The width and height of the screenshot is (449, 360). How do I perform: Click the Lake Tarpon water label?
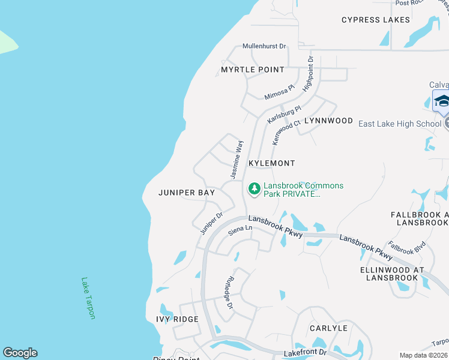[x=88, y=298]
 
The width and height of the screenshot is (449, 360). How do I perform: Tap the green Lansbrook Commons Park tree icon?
[x=255, y=189]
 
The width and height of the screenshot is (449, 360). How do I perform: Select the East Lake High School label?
[x=399, y=124]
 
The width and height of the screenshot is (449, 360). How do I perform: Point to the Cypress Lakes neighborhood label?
[x=376, y=20]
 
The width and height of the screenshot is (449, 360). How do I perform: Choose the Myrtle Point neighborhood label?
[x=252, y=70]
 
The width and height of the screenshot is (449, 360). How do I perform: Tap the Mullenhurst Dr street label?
[x=264, y=46]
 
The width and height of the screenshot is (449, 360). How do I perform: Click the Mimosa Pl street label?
[x=280, y=92]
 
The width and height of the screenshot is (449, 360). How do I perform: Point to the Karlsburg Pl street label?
[x=283, y=109]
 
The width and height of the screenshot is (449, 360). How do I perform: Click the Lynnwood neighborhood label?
[x=328, y=121]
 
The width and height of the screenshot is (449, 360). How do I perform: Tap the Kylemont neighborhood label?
[x=272, y=163]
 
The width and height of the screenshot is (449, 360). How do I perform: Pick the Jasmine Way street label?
[x=237, y=159]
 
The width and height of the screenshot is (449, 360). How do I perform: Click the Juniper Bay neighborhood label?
[x=186, y=193]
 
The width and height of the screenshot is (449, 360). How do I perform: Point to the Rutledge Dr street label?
[x=229, y=293]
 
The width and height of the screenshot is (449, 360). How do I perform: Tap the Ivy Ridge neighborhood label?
[x=177, y=319]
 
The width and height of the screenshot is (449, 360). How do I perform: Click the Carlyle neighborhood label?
[x=328, y=328]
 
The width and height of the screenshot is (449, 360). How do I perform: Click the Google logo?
[x=20, y=353]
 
